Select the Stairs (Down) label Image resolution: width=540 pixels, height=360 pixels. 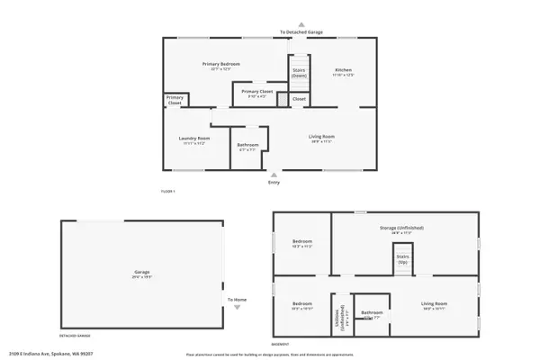coord(299,72)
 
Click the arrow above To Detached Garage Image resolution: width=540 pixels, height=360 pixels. coord(301,25)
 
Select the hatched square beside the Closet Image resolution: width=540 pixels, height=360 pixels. coord(283,99)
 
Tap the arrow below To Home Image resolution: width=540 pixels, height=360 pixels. coord(237,309)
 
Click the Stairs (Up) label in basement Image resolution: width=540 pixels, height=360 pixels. coord(401,258)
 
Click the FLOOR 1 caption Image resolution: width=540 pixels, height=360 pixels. coord(167,192)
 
